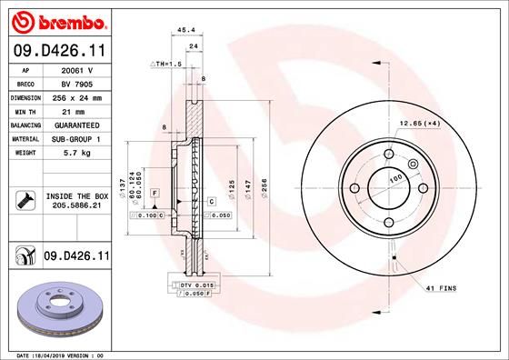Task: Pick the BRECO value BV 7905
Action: point(77,82)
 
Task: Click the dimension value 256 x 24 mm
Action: point(77,96)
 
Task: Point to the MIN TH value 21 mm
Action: point(77,110)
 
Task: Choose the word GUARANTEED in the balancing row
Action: point(77,125)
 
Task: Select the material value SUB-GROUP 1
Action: point(77,138)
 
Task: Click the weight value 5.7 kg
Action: point(77,153)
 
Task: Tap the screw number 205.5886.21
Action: point(77,206)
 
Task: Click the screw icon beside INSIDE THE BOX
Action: point(24,200)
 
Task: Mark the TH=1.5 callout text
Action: point(167,65)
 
